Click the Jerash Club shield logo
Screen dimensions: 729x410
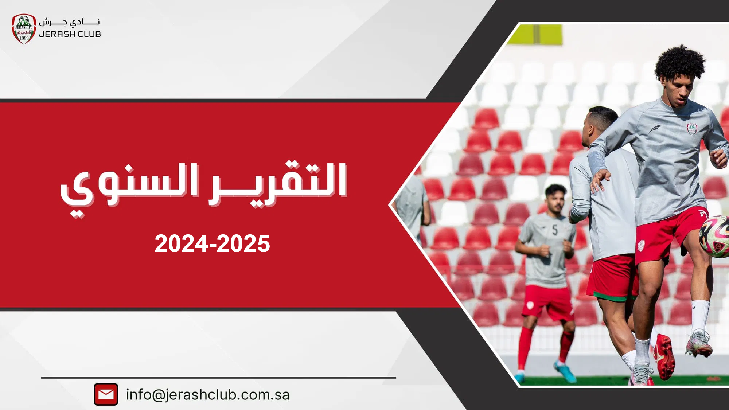24,29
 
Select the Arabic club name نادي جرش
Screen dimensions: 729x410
69,22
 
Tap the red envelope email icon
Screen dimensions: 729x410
106,394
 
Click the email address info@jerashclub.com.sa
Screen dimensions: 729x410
208,395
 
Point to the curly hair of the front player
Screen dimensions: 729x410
680,63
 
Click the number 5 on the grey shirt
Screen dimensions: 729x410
555,230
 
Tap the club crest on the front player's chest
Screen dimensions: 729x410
691,129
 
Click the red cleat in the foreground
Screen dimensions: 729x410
664,357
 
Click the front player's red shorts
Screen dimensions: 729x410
669,233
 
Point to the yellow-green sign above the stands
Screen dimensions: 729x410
535,34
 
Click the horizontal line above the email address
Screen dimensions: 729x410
218,378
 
